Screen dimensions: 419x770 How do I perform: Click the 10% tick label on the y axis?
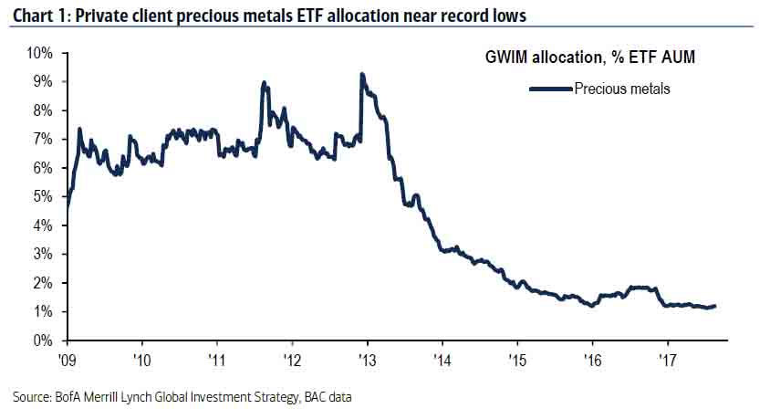(41, 53)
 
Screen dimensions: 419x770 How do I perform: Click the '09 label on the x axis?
(67, 359)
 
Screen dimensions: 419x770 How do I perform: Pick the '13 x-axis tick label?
(367, 359)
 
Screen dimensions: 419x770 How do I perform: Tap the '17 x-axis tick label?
(668, 359)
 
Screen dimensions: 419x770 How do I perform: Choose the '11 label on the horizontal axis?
(216, 359)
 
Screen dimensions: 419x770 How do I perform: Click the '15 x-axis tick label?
(516, 359)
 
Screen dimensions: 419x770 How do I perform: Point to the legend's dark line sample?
(550, 89)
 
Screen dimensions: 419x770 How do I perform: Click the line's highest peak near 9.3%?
(362, 74)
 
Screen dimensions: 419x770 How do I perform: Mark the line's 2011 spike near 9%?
(264, 83)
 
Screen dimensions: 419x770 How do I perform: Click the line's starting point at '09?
(67, 215)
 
